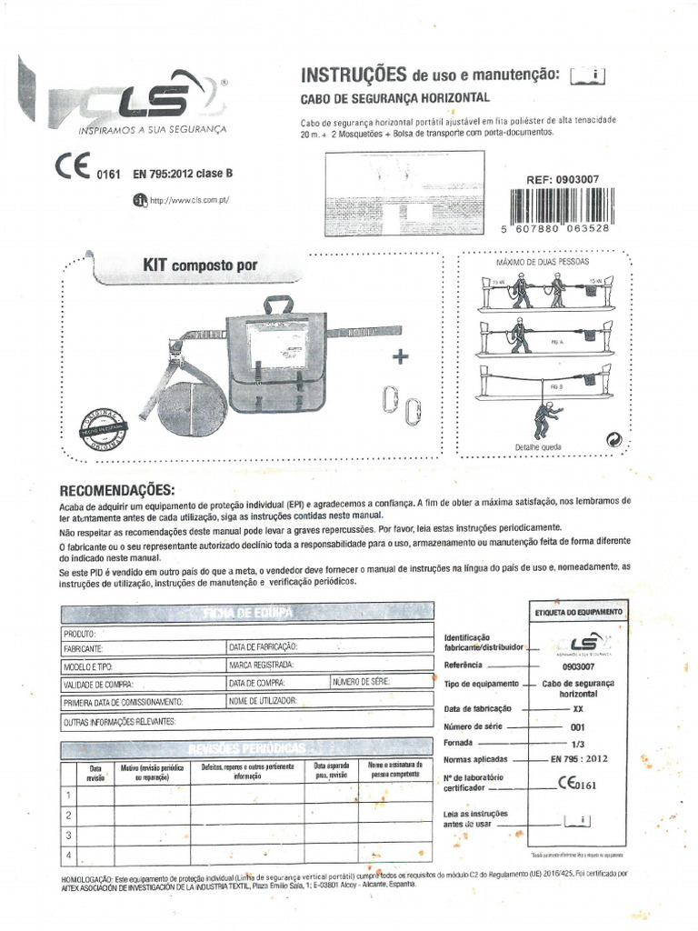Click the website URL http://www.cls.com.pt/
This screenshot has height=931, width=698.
(x=189, y=201)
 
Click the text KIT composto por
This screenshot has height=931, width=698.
(x=200, y=265)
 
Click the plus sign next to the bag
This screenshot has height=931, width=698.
(x=397, y=355)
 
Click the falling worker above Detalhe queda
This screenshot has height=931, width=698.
(x=547, y=419)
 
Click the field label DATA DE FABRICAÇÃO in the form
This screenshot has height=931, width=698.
(x=264, y=647)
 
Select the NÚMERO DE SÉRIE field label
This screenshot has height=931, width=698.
(x=363, y=682)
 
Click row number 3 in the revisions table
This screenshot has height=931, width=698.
(x=69, y=834)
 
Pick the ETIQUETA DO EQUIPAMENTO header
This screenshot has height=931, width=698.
(x=578, y=613)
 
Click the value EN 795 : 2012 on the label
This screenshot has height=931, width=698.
(x=579, y=757)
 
